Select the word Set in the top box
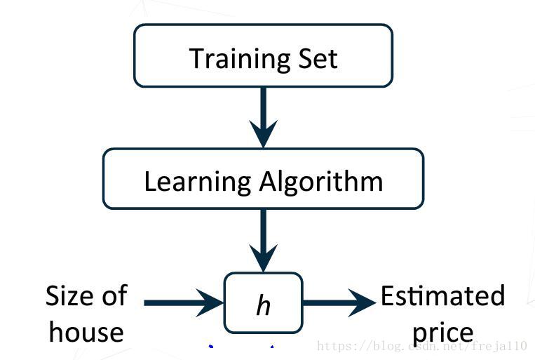[320, 58]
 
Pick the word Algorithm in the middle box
[322, 181]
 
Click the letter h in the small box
[263, 305]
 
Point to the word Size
[68, 295]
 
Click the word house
[86, 331]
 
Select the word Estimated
[442, 295]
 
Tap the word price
[442, 333]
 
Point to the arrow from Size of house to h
[182, 303]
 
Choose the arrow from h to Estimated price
[339, 303]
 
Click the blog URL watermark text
[421, 346]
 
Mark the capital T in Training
[197, 58]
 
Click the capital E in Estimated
[388, 295]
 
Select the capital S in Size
[53, 295]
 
